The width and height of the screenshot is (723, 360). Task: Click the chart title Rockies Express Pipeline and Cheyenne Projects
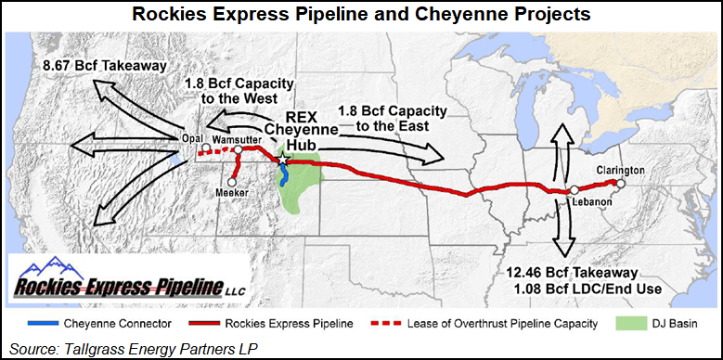[360, 15]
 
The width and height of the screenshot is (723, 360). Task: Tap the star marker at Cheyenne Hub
[282, 161]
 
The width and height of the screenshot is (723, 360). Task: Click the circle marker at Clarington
[621, 183]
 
